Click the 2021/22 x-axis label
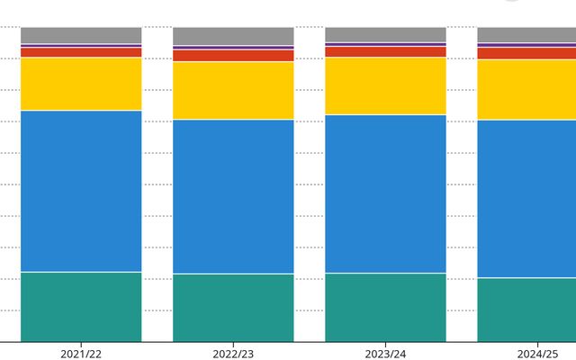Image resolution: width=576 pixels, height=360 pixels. point(81,354)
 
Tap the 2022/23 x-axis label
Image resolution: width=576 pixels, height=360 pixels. point(233,354)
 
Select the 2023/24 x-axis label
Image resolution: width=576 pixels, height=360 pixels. point(385,354)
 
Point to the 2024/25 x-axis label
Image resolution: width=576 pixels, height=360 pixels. point(537,354)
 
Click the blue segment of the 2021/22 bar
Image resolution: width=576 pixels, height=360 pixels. point(81,191)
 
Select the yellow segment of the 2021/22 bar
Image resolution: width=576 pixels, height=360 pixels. point(81,84)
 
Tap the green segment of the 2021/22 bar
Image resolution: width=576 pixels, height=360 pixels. point(81,306)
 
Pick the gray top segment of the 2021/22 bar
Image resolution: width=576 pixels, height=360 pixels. point(81,35)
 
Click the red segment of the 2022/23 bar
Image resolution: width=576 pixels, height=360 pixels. point(233,56)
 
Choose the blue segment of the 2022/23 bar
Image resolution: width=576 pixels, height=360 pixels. point(233,196)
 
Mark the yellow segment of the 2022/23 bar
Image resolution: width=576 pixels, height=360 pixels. point(233,90)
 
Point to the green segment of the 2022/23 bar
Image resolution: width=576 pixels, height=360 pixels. point(233,307)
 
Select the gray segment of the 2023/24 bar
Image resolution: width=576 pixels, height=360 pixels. point(385,34)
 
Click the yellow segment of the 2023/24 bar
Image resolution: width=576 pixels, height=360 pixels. point(385,85)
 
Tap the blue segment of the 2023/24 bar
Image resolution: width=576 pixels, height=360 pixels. point(385,193)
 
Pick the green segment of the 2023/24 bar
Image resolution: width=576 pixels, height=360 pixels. point(385,307)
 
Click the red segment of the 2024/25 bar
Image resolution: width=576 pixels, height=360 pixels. point(526,53)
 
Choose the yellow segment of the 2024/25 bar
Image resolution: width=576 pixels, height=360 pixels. point(526,89)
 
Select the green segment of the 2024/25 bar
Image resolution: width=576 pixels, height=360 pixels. point(526,309)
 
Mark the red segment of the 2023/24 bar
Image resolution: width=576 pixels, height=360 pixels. point(385,51)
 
